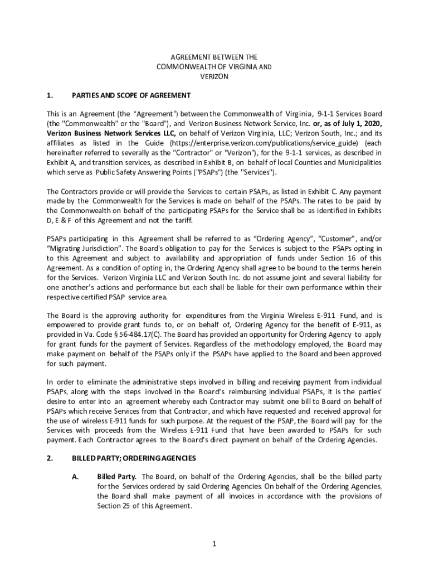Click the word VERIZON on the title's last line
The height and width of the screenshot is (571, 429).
(214, 76)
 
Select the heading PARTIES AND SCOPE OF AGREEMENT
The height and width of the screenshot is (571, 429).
(131, 95)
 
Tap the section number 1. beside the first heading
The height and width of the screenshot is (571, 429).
(50, 95)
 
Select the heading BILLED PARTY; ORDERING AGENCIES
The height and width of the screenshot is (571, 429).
(134, 458)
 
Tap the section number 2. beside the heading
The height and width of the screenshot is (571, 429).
(50, 458)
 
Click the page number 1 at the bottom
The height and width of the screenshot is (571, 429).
(214, 544)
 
